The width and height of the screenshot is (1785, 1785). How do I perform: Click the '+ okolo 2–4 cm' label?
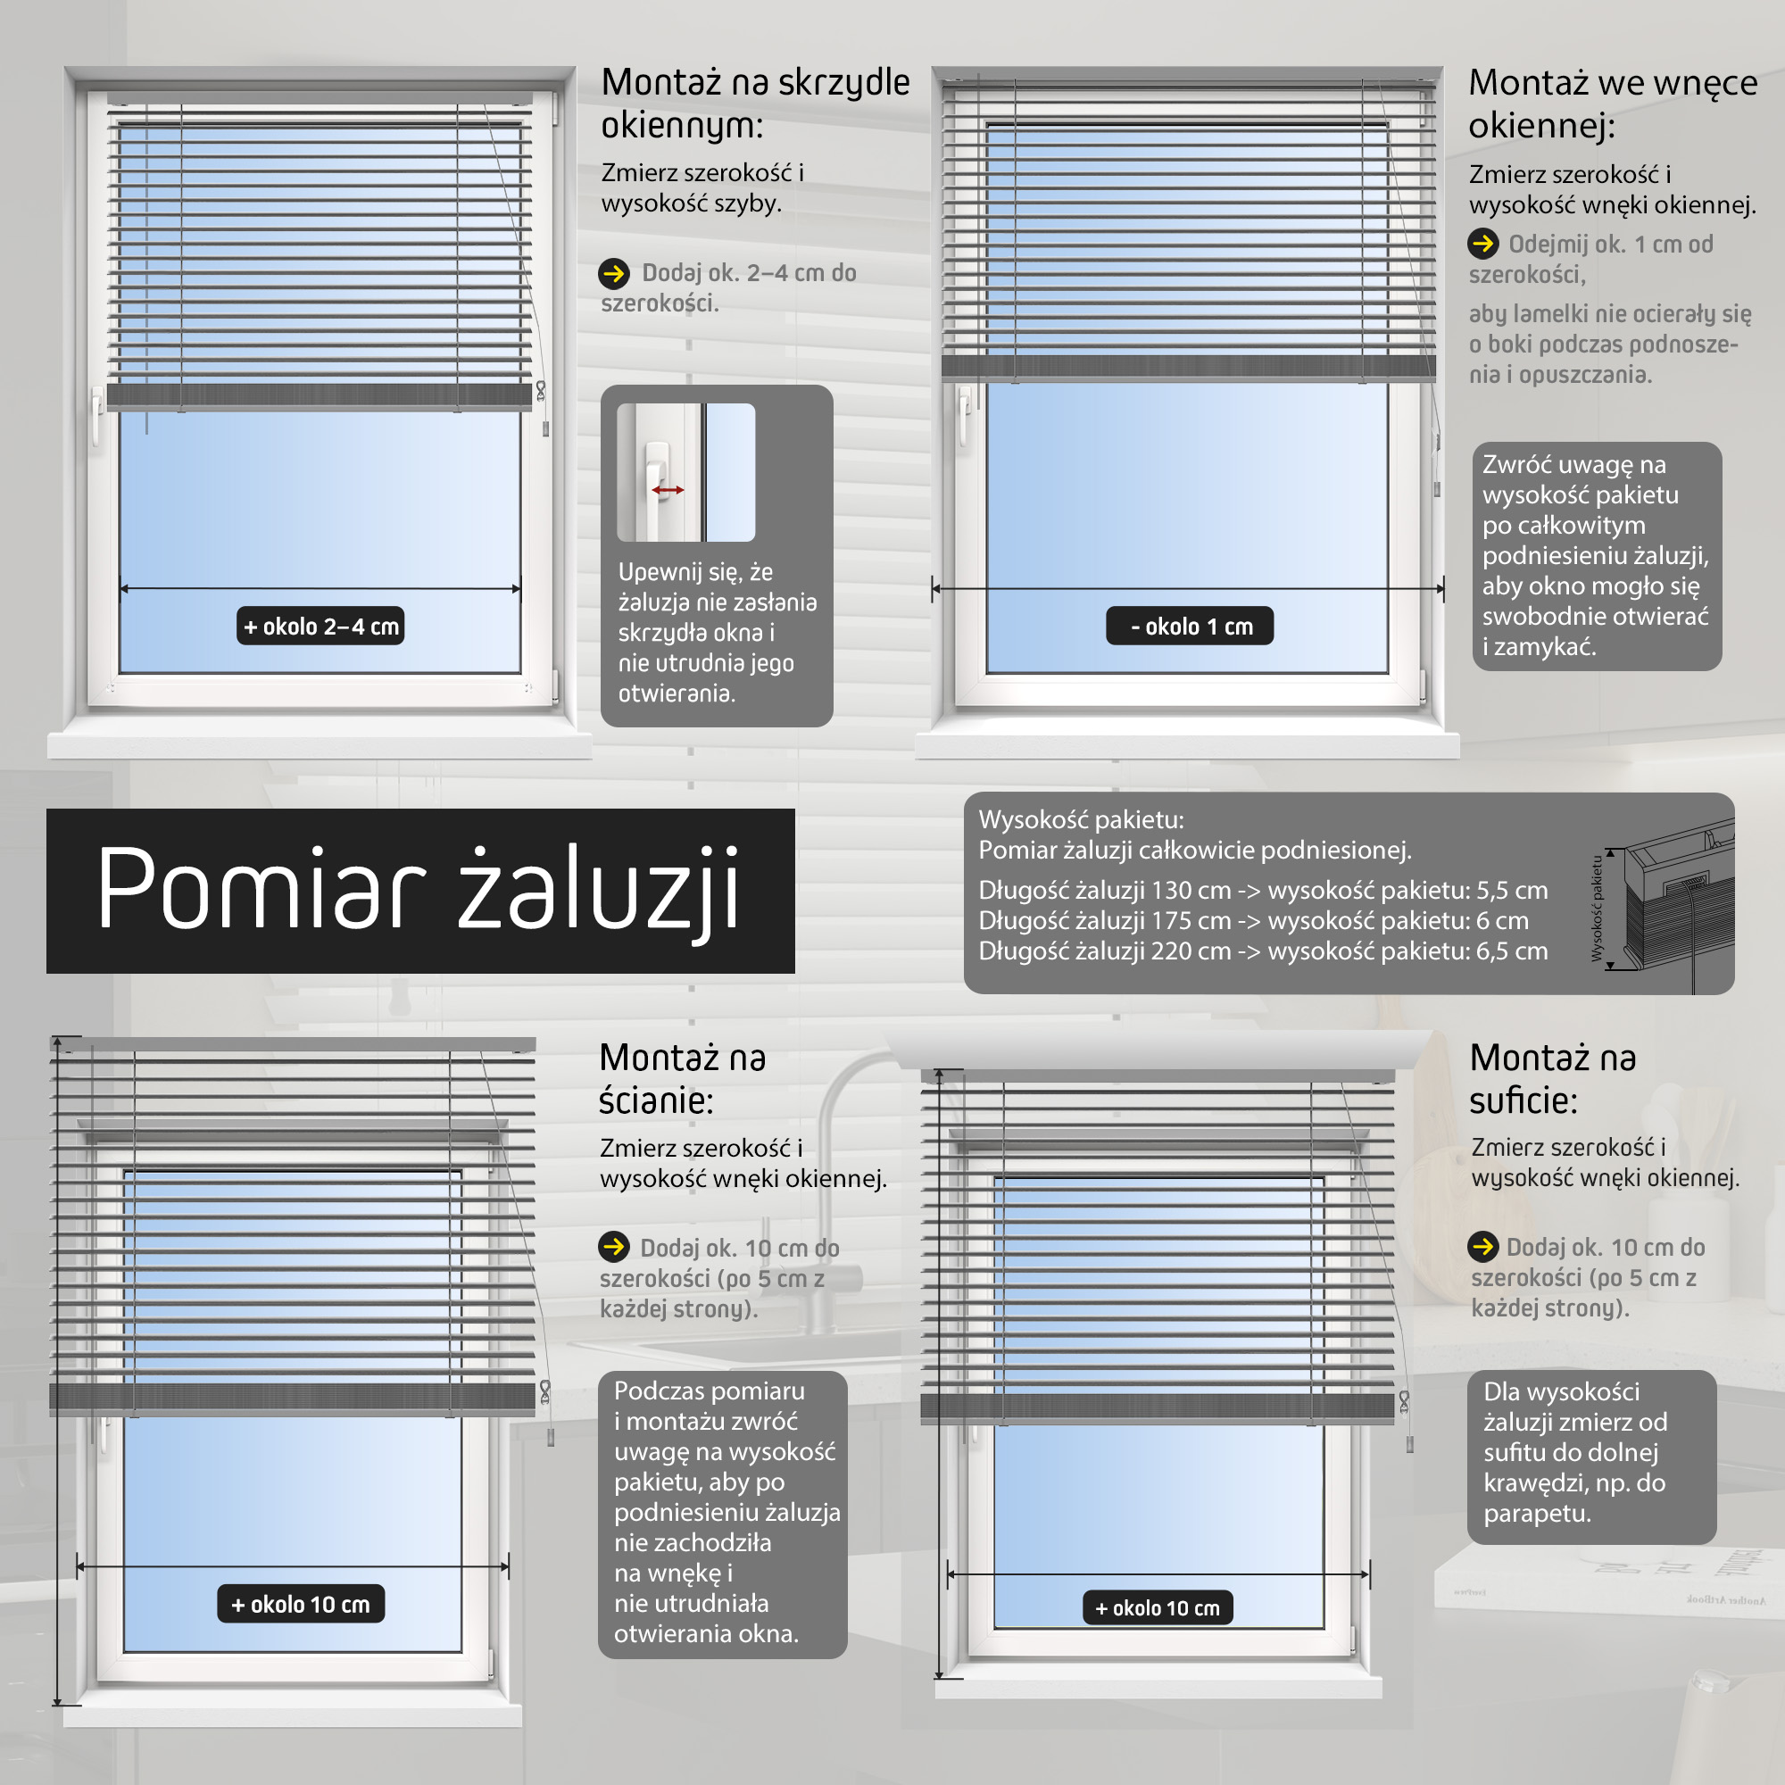pos(320,627)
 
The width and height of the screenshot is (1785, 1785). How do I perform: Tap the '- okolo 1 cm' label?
pos(1190,627)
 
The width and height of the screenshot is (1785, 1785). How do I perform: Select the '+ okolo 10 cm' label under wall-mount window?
pos(301,1604)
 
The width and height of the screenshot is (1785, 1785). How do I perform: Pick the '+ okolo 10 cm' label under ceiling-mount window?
pos(1157,1607)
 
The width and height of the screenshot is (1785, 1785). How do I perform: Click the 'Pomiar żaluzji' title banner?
pos(420,891)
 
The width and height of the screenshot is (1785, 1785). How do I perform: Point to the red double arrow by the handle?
pos(668,490)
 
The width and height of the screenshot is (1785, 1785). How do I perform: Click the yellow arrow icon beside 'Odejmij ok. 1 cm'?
pos(1482,244)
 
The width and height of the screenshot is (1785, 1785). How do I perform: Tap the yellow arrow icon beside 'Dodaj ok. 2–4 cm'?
pos(614,273)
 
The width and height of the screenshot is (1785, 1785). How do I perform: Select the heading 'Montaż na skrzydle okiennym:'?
pos(755,104)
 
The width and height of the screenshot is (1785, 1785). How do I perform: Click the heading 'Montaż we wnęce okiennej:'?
pos(1613,104)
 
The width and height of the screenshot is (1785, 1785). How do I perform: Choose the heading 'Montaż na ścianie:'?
pos(683,1079)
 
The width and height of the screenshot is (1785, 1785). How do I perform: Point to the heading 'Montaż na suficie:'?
pos(1553,1079)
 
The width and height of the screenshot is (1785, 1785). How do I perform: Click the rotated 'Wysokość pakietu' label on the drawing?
pos(1597,909)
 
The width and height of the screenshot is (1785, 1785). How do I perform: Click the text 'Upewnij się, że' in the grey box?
pos(696,573)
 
